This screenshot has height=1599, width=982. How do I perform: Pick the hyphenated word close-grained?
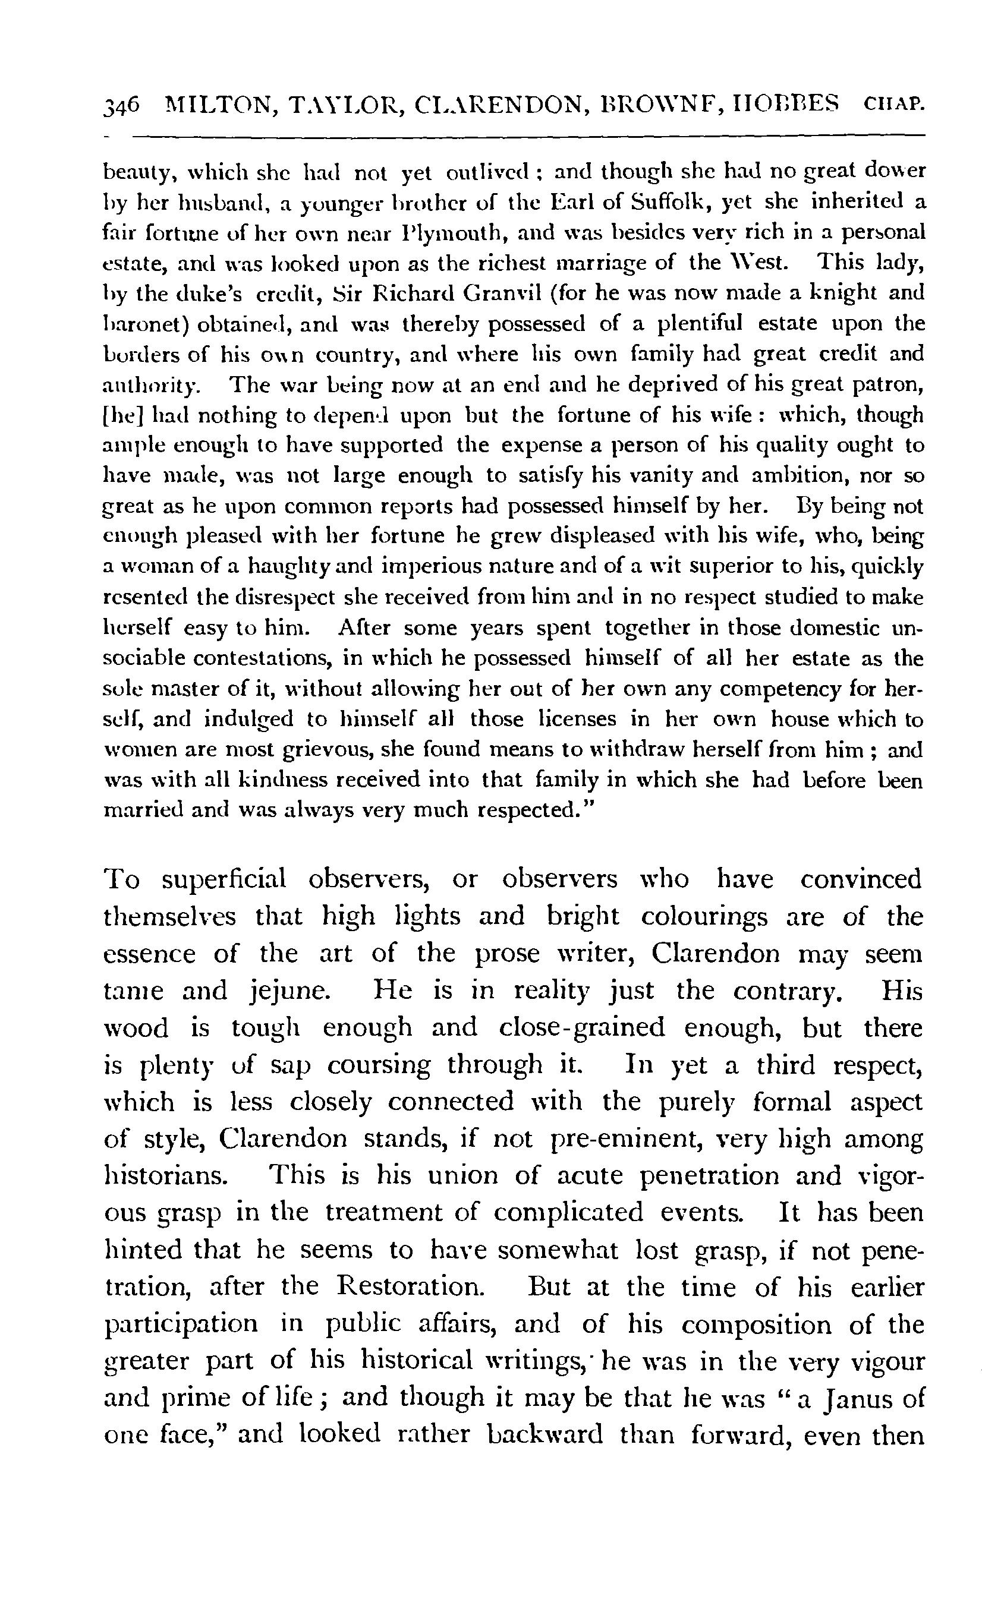click(x=582, y=1029)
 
